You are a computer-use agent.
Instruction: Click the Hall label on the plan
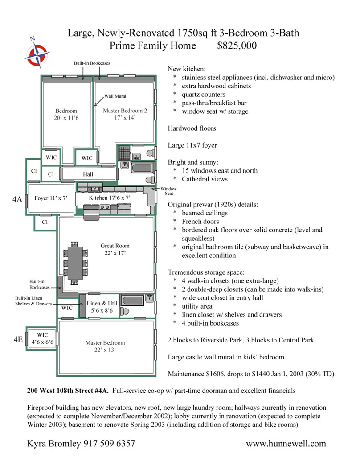pos(88,175)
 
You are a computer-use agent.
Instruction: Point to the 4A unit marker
pos(17,200)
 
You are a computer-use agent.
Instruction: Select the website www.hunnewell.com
pos(286,444)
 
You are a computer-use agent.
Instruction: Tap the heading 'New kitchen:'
pos(187,69)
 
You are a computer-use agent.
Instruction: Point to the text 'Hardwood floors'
pos(192,128)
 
